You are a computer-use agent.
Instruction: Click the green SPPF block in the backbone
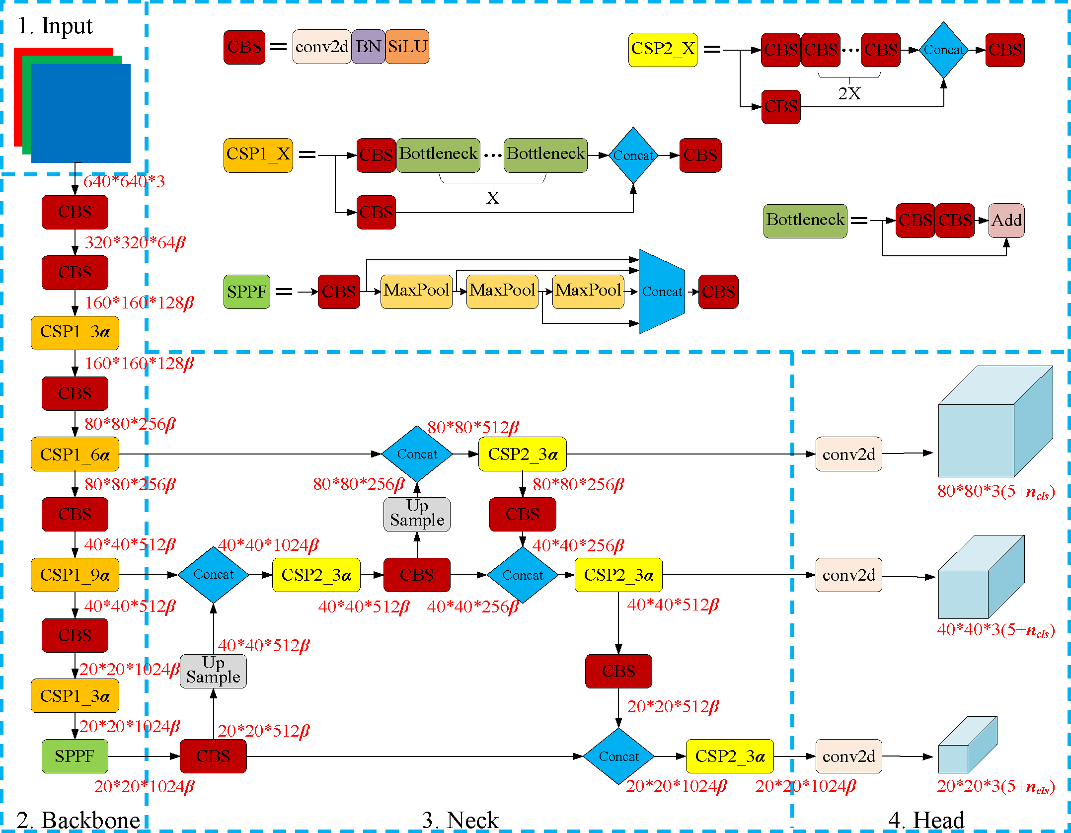point(75,756)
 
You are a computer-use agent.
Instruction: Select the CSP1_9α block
point(75,575)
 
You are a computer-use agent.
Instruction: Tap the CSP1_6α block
point(75,454)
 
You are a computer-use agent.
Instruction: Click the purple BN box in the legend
point(368,47)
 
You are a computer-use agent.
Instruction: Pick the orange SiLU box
point(407,47)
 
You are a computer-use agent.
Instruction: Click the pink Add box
point(1006,220)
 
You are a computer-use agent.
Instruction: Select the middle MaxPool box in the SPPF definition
point(502,291)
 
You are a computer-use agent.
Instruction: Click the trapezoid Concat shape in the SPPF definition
point(662,292)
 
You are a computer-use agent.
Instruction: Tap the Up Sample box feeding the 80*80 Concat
point(417,514)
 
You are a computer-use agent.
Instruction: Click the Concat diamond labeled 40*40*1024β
point(213,575)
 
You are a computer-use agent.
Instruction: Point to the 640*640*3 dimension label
point(124,181)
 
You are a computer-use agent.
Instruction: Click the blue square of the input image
point(80,113)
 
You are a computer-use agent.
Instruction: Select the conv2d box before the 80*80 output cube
point(848,454)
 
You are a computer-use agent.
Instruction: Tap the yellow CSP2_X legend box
point(663,49)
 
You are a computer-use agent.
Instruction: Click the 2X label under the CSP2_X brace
point(849,93)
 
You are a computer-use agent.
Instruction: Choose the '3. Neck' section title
point(460,820)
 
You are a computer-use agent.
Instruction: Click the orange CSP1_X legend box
point(258,155)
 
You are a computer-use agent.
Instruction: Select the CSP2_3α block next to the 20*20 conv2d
point(729,756)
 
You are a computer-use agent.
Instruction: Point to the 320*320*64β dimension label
point(135,242)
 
